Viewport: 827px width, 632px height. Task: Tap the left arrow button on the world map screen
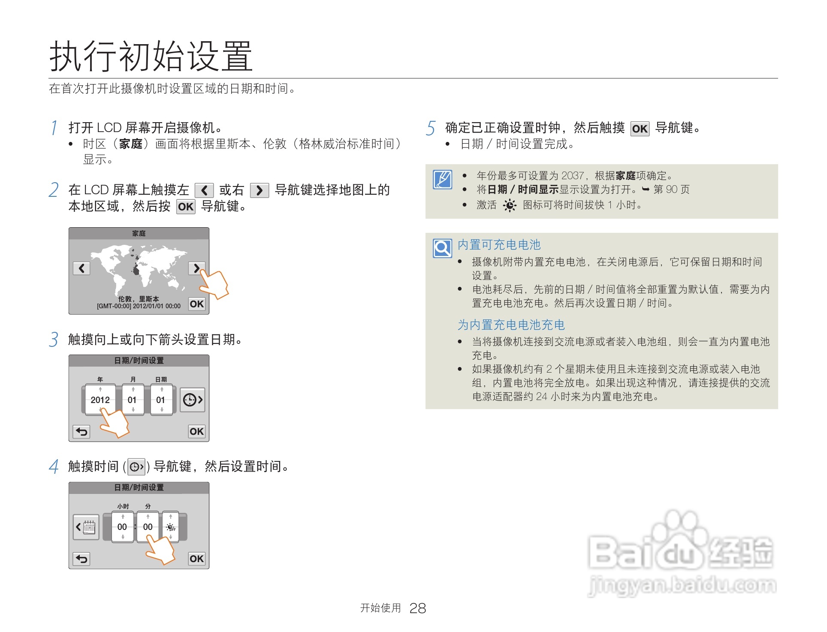81,268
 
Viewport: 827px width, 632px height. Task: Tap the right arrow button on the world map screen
196,268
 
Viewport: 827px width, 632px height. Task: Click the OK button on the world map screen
197,304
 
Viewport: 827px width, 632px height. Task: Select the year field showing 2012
100,400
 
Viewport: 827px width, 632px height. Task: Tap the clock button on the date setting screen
192,400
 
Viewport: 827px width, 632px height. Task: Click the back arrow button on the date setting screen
81,431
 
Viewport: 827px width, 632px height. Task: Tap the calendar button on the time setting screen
86,527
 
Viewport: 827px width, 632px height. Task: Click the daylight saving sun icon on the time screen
171,527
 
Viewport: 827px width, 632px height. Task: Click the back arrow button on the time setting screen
81,559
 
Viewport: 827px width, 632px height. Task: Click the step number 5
431,128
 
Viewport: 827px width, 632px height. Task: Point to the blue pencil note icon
442,179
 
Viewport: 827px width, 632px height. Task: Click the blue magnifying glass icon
442,248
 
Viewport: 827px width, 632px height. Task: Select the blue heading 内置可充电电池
499,245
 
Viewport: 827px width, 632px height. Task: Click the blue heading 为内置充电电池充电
511,325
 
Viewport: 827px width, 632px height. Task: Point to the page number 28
417,608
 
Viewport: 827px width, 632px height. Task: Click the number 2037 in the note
572,176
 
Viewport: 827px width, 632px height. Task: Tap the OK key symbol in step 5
640,129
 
